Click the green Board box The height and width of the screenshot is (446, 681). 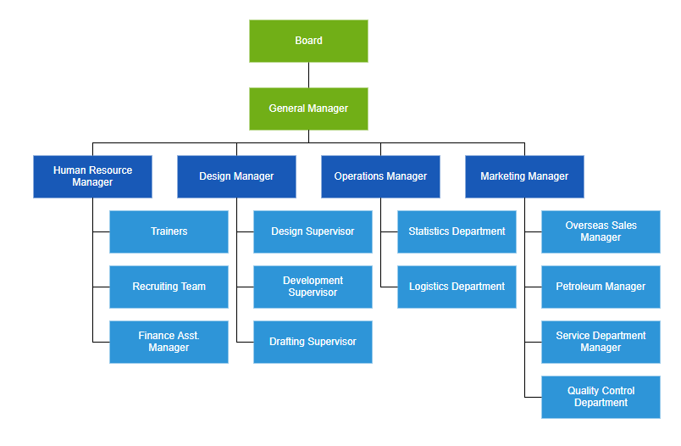pos(308,41)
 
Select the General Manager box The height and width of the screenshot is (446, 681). pos(308,109)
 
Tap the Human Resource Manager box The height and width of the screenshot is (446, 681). pos(92,176)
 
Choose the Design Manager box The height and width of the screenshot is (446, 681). pos(236,176)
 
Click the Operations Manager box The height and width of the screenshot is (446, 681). pos(380,176)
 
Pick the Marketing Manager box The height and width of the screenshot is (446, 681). pos(524,176)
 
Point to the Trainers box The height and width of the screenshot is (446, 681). pos(169,231)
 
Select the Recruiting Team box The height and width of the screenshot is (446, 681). pos(169,287)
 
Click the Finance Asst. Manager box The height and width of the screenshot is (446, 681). pos(169,342)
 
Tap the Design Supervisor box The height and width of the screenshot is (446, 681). pos(313,231)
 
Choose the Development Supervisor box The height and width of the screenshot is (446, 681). pos(313,287)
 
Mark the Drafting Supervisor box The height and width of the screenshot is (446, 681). pos(313,342)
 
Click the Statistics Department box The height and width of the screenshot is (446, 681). pos(457,231)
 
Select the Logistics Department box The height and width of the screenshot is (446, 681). pos(457,287)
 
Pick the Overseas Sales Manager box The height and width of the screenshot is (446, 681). pos(601,231)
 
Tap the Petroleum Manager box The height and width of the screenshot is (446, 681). pos(601,287)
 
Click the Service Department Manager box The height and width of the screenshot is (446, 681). pos(601,342)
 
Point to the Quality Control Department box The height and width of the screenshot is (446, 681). pos(601,397)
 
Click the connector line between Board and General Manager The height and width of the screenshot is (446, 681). pos(308,75)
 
